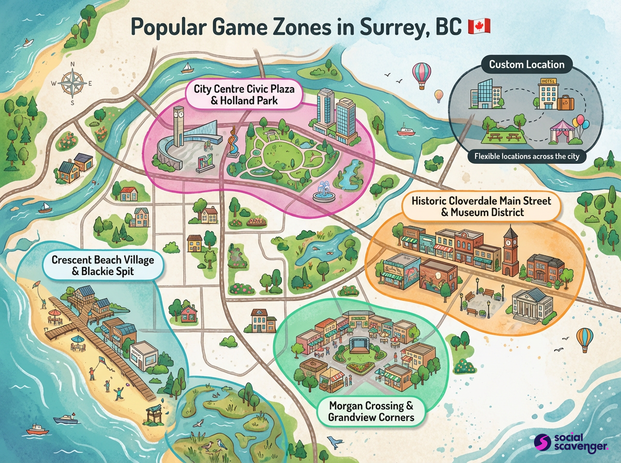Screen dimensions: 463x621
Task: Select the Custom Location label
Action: [526, 65]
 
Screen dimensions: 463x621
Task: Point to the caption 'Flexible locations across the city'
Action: [526, 156]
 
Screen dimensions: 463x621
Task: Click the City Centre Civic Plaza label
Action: [244, 94]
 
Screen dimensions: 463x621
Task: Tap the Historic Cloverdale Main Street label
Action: [481, 206]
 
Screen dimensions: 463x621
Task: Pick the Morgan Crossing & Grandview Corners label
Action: [372, 411]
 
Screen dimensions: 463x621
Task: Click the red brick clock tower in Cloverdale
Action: [510, 250]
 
